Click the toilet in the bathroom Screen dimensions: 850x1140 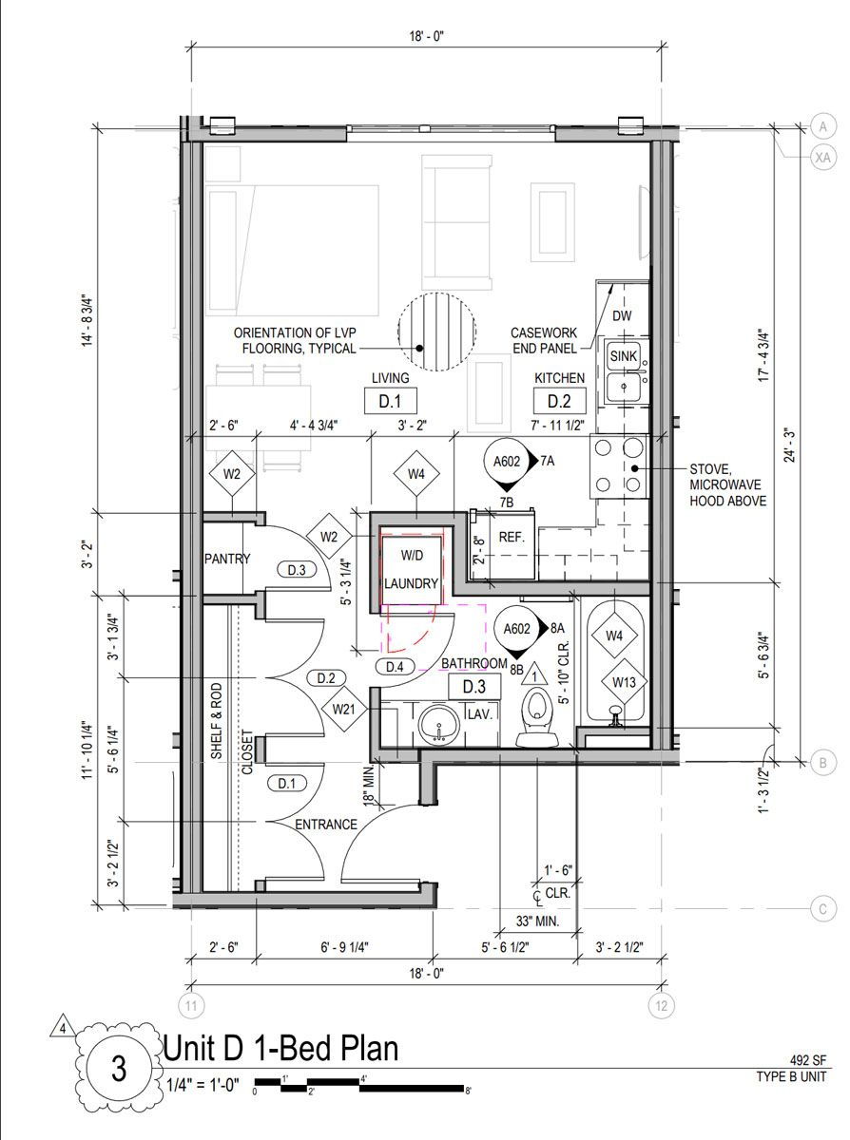pos(536,718)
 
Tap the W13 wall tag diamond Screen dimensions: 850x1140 pos(624,682)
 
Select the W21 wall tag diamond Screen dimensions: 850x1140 pos(343,710)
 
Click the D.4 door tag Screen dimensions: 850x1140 pos(395,667)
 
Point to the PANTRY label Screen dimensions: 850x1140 pos(227,559)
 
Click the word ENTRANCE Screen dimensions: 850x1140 pos(326,825)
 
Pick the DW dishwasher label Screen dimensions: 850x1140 pos(622,315)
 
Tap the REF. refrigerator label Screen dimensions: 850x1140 pos(512,538)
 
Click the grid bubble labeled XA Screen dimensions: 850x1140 pos(822,157)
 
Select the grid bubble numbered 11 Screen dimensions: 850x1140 pos(191,1006)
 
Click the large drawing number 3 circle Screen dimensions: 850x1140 pos(118,1068)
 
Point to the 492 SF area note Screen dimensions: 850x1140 pos(808,1060)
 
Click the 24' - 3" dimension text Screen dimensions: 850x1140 pos(790,445)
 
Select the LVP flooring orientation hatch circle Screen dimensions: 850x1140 pos(436,332)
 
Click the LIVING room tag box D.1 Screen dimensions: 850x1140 pos(390,401)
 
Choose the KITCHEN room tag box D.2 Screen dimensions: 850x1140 pos(559,401)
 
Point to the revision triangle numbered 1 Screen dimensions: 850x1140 pos(534,674)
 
